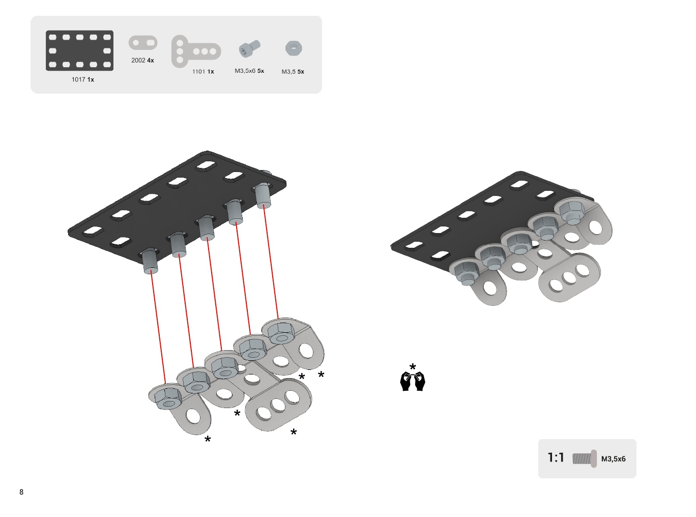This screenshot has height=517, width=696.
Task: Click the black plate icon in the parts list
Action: click(79, 50)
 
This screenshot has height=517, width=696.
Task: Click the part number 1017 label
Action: click(78, 79)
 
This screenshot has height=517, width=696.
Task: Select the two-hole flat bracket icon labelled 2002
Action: click(143, 43)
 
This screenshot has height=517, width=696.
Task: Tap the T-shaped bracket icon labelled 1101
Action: click(196, 51)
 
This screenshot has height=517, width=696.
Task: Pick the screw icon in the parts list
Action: click(249, 48)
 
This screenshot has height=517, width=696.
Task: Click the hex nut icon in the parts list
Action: click(294, 48)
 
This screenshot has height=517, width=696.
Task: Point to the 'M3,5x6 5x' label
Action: click(249, 71)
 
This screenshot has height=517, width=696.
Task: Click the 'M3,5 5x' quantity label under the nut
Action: click(293, 72)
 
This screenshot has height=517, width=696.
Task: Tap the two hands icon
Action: click(412, 381)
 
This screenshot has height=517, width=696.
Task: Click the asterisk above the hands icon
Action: click(413, 366)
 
